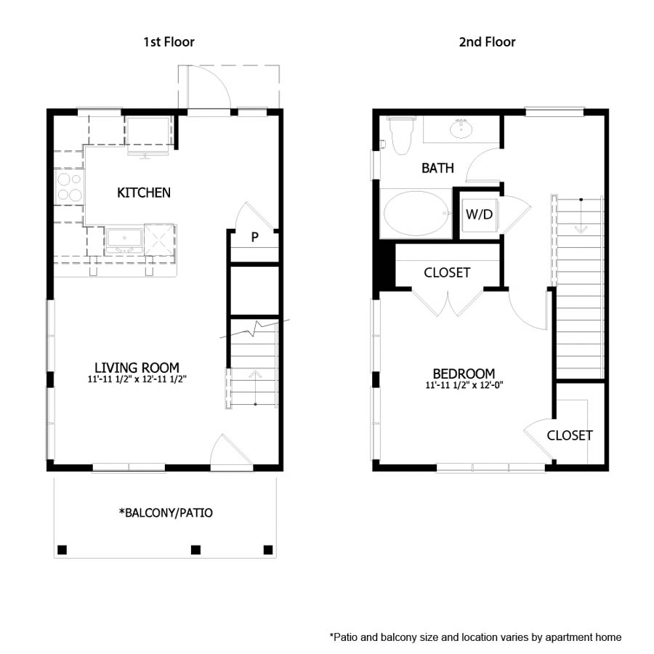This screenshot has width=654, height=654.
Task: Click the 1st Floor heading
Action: coord(169,41)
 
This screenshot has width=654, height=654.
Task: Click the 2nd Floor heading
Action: coord(487,41)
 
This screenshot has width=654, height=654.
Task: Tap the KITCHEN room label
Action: coord(144,193)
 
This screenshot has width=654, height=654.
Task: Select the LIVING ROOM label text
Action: coord(137,368)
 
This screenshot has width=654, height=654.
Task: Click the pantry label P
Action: coord(255,237)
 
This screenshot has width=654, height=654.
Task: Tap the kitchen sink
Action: coord(123,239)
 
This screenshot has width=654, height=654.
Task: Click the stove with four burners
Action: coord(70,186)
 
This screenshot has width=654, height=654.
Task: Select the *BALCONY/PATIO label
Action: coord(166,513)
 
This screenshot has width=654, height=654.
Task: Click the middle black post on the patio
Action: coord(195,549)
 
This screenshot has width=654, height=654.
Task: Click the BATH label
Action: coord(437,169)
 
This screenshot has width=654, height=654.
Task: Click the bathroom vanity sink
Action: coord(459,130)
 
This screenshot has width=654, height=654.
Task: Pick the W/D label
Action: coord(478,214)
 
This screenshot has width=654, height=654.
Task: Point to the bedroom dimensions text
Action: coord(464,385)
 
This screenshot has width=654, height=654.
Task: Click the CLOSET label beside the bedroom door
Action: coord(569,435)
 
